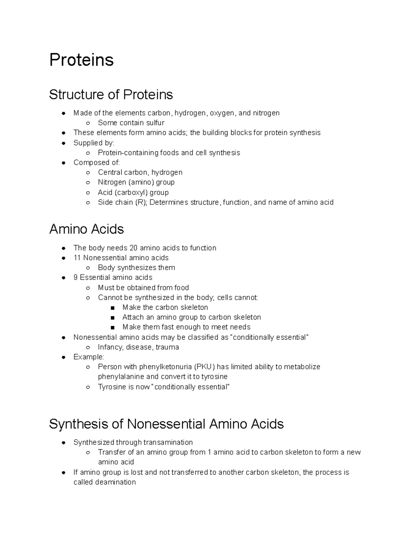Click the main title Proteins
[x=81, y=60]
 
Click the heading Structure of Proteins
[x=111, y=95]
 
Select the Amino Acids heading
[x=87, y=229]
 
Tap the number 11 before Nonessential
[x=77, y=258]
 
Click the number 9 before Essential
[x=75, y=277]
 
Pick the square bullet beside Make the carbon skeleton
[x=112, y=308]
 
